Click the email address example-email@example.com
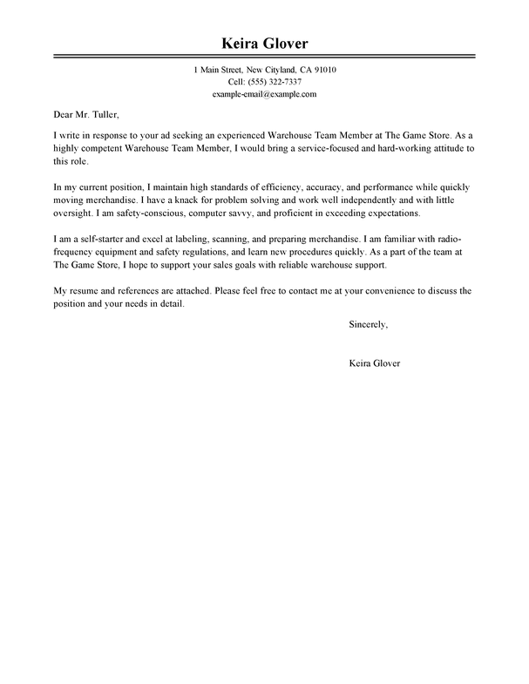tap(264, 93)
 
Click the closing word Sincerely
tap(368, 325)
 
